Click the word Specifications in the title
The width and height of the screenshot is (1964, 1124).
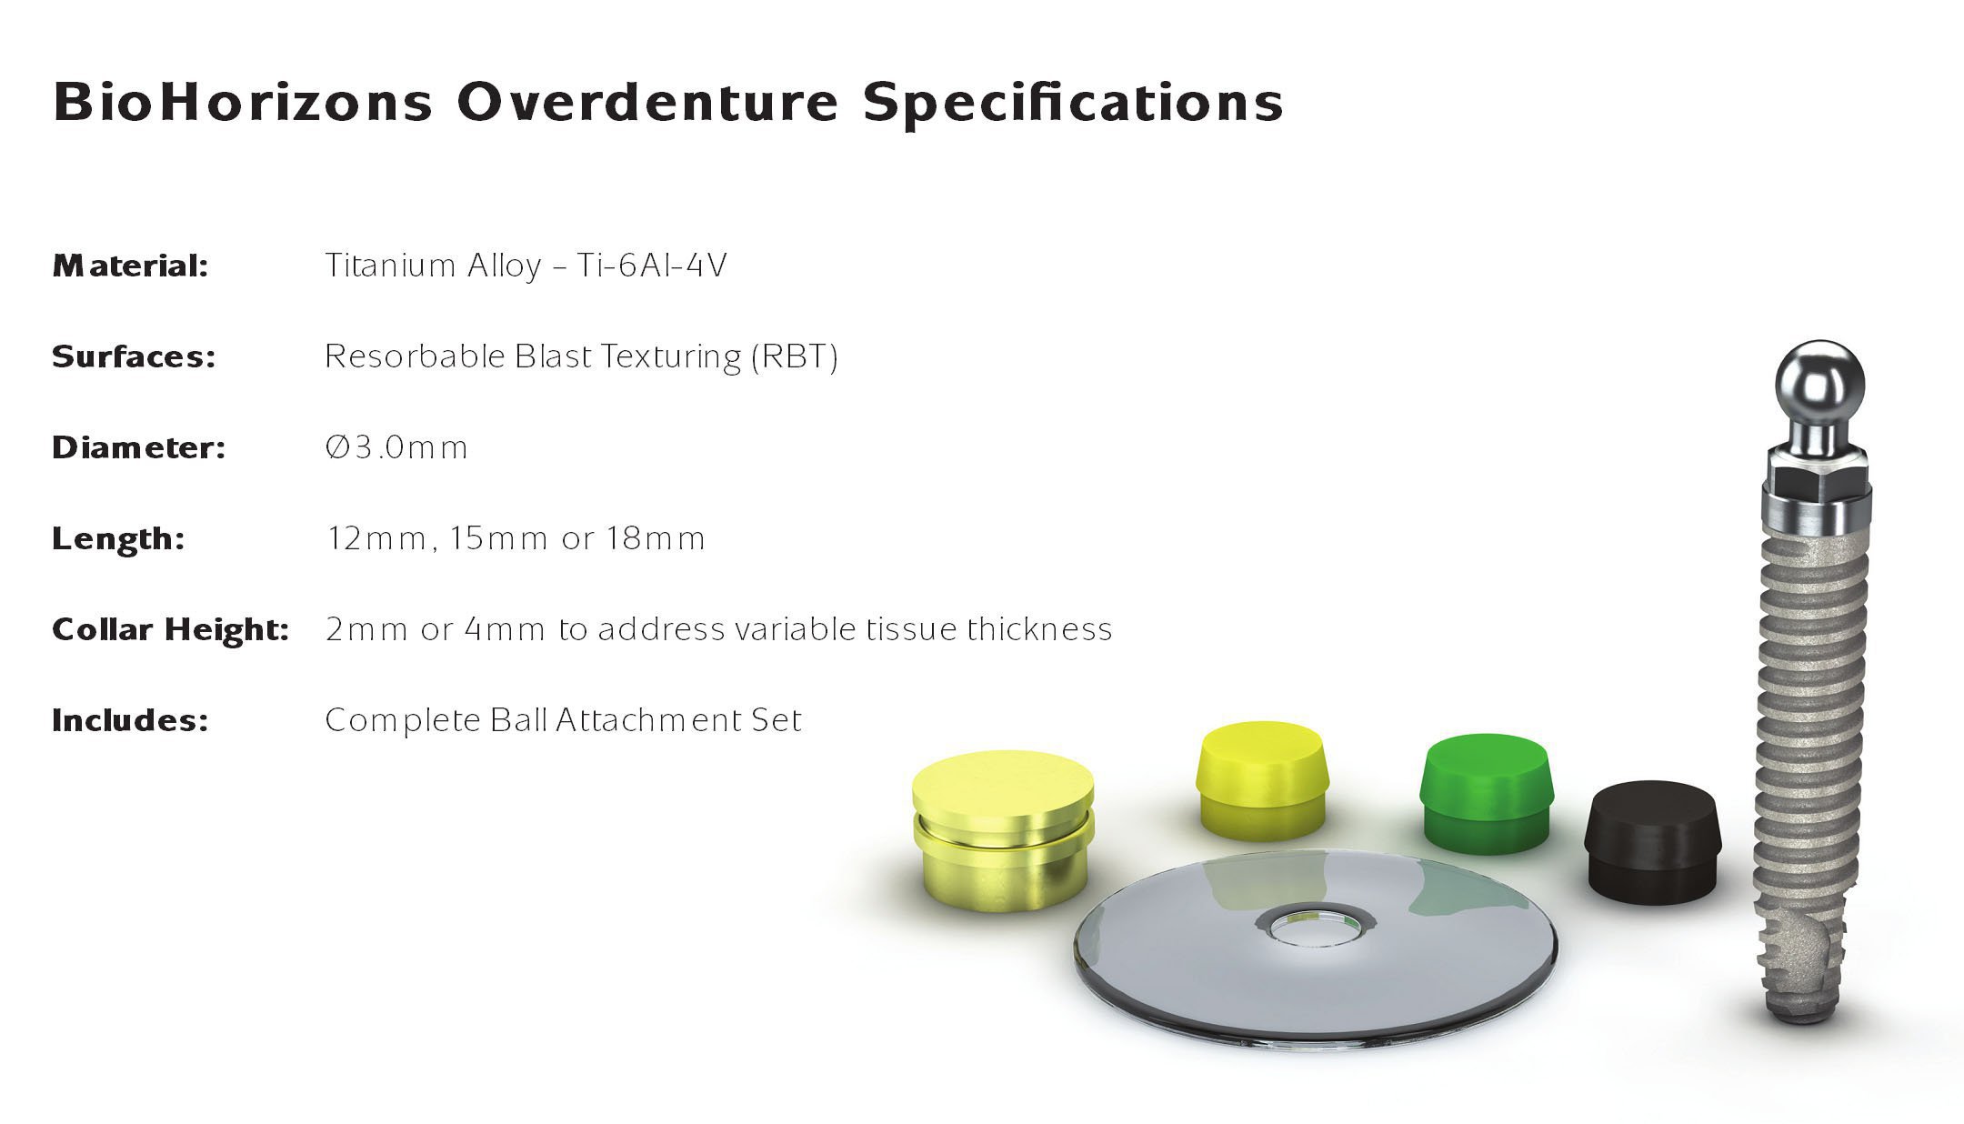[x=1073, y=102]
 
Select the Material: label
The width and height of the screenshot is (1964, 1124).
[x=131, y=266]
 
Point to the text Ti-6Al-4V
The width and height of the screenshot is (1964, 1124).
[x=653, y=266]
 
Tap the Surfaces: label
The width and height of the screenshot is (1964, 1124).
[x=134, y=357]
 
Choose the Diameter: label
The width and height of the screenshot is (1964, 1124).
[x=138, y=448]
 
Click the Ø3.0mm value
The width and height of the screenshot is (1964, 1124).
[x=396, y=447]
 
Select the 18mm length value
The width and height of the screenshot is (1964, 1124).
[x=656, y=538]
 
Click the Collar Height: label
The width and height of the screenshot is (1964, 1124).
[x=170, y=629]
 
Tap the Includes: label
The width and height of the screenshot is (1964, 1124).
[x=130, y=721]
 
